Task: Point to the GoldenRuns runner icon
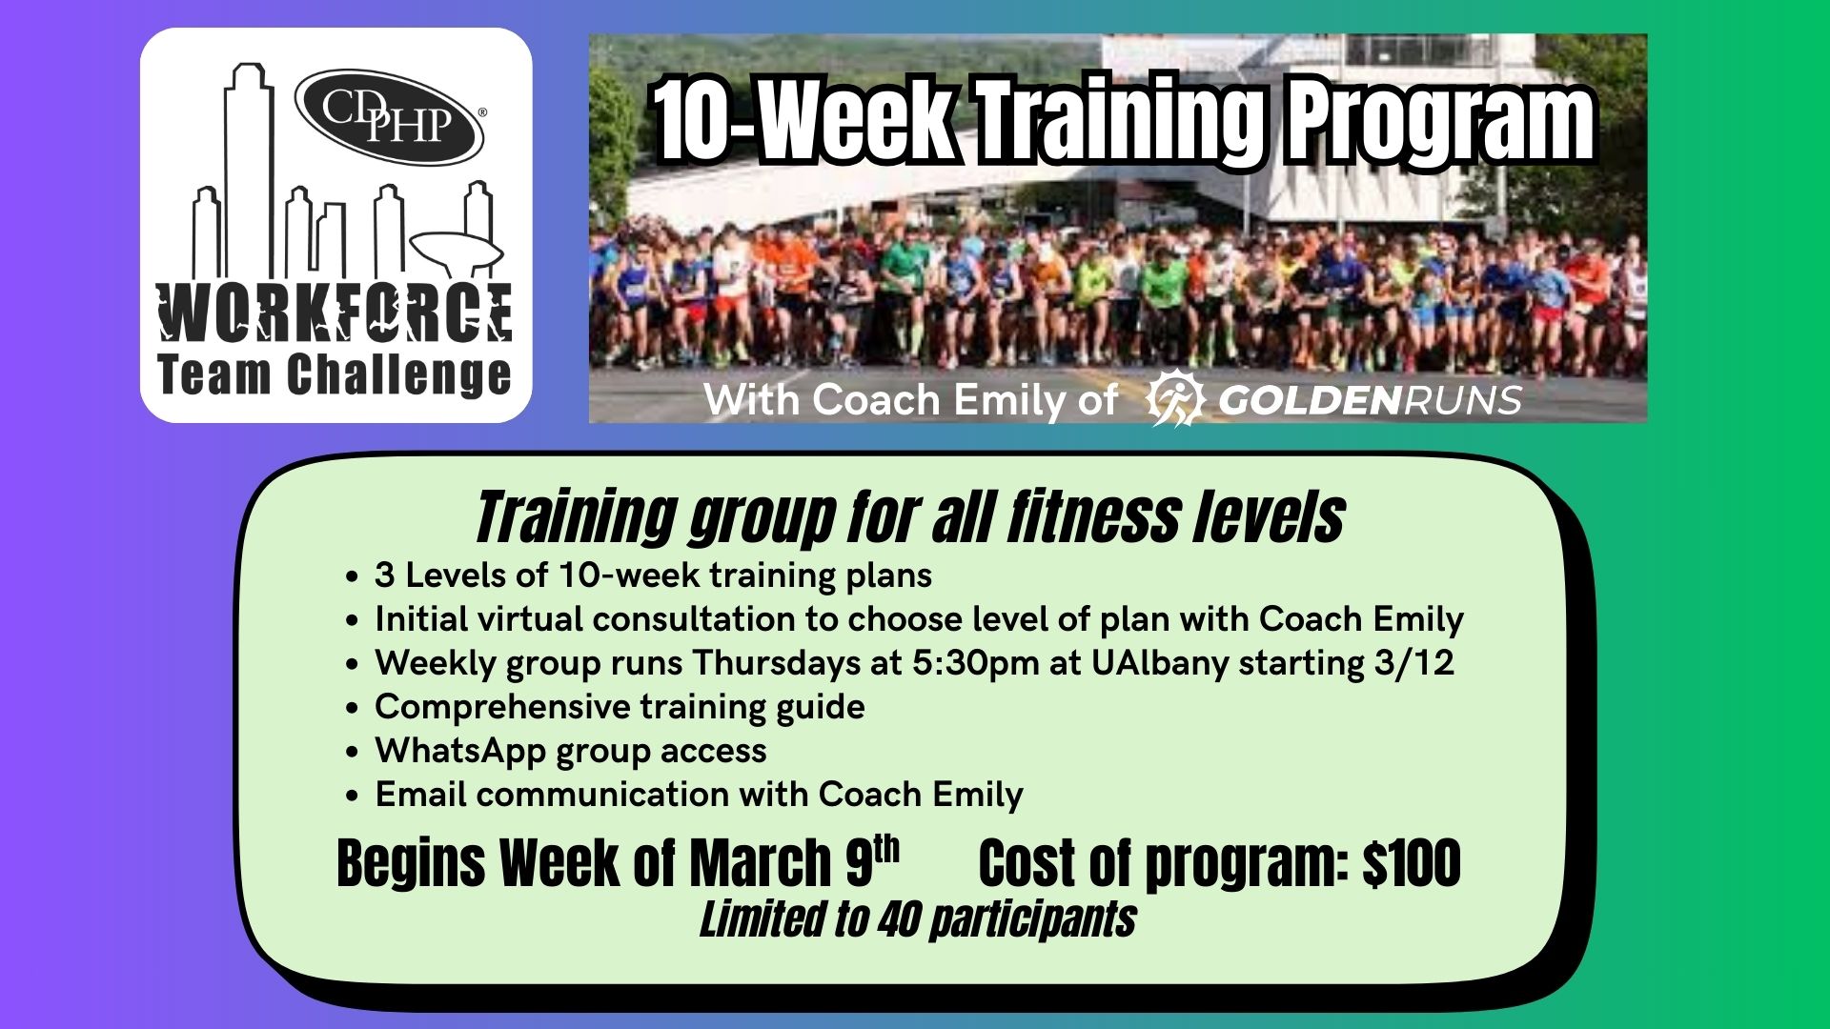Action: click(x=1176, y=398)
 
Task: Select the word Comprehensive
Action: click(x=502, y=707)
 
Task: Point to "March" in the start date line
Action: click(x=760, y=863)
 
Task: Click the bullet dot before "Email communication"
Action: click(x=354, y=796)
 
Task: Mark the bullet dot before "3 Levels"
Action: click(x=354, y=576)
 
